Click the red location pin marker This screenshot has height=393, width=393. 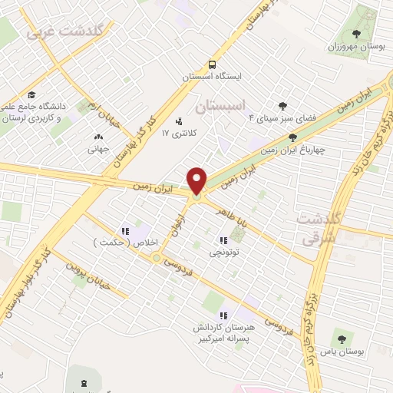click(197, 180)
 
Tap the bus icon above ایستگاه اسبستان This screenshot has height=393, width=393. click(213, 65)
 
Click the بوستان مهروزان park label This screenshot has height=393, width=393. click(356, 47)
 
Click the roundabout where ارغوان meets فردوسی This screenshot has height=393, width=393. click(157, 258)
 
